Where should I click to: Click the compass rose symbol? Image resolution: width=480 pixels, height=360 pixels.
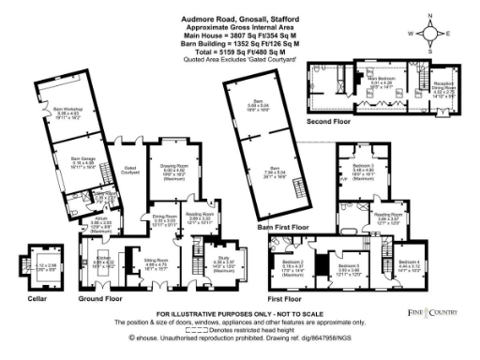tap(428, 35)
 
